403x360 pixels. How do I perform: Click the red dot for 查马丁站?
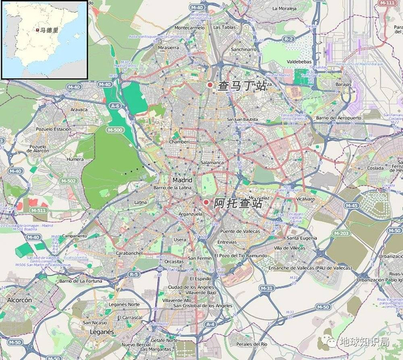(210, 86)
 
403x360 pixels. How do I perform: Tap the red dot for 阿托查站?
(206, 202)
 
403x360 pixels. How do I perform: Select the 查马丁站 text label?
(242, 86)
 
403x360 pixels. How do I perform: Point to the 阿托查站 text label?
(238, 203)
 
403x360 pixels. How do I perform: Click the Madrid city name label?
(182, 179)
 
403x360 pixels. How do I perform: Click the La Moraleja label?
(283, 9)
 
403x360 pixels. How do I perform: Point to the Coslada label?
(375, 167)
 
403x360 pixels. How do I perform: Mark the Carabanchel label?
(129, 252)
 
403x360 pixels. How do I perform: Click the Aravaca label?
(79, 109)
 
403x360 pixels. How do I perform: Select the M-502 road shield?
(68, 181)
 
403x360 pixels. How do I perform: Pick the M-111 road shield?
(386, 3)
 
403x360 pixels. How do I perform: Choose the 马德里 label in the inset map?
(46, 29)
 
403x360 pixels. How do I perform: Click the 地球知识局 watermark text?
(363, 343)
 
